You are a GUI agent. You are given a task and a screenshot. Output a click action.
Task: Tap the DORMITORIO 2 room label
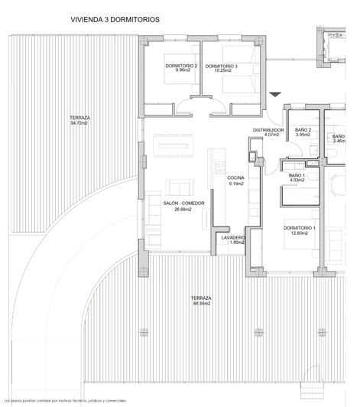[181, 66]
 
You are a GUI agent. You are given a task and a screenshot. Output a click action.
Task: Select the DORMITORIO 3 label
[222, 66]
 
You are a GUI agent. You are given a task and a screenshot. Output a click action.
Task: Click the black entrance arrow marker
[276, 93]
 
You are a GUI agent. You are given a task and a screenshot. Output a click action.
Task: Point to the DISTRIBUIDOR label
[268, 131]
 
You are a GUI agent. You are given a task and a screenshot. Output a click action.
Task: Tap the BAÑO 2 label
[303, 130]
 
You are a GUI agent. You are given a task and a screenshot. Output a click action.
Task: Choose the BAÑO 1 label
[297, 176]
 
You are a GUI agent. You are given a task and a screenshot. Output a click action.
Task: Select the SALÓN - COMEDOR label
[182, 203]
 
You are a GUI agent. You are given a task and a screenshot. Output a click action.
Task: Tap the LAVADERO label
[232, 237]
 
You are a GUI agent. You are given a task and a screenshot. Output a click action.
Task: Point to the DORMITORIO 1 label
[300, 228]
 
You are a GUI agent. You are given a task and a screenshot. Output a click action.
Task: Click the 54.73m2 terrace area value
[79, 122]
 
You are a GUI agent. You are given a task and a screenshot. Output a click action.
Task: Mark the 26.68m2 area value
[182, 210]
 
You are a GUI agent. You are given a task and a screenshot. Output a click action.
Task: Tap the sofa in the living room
[178, 187]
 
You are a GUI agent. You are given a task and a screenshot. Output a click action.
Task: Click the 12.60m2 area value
[300, 234]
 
